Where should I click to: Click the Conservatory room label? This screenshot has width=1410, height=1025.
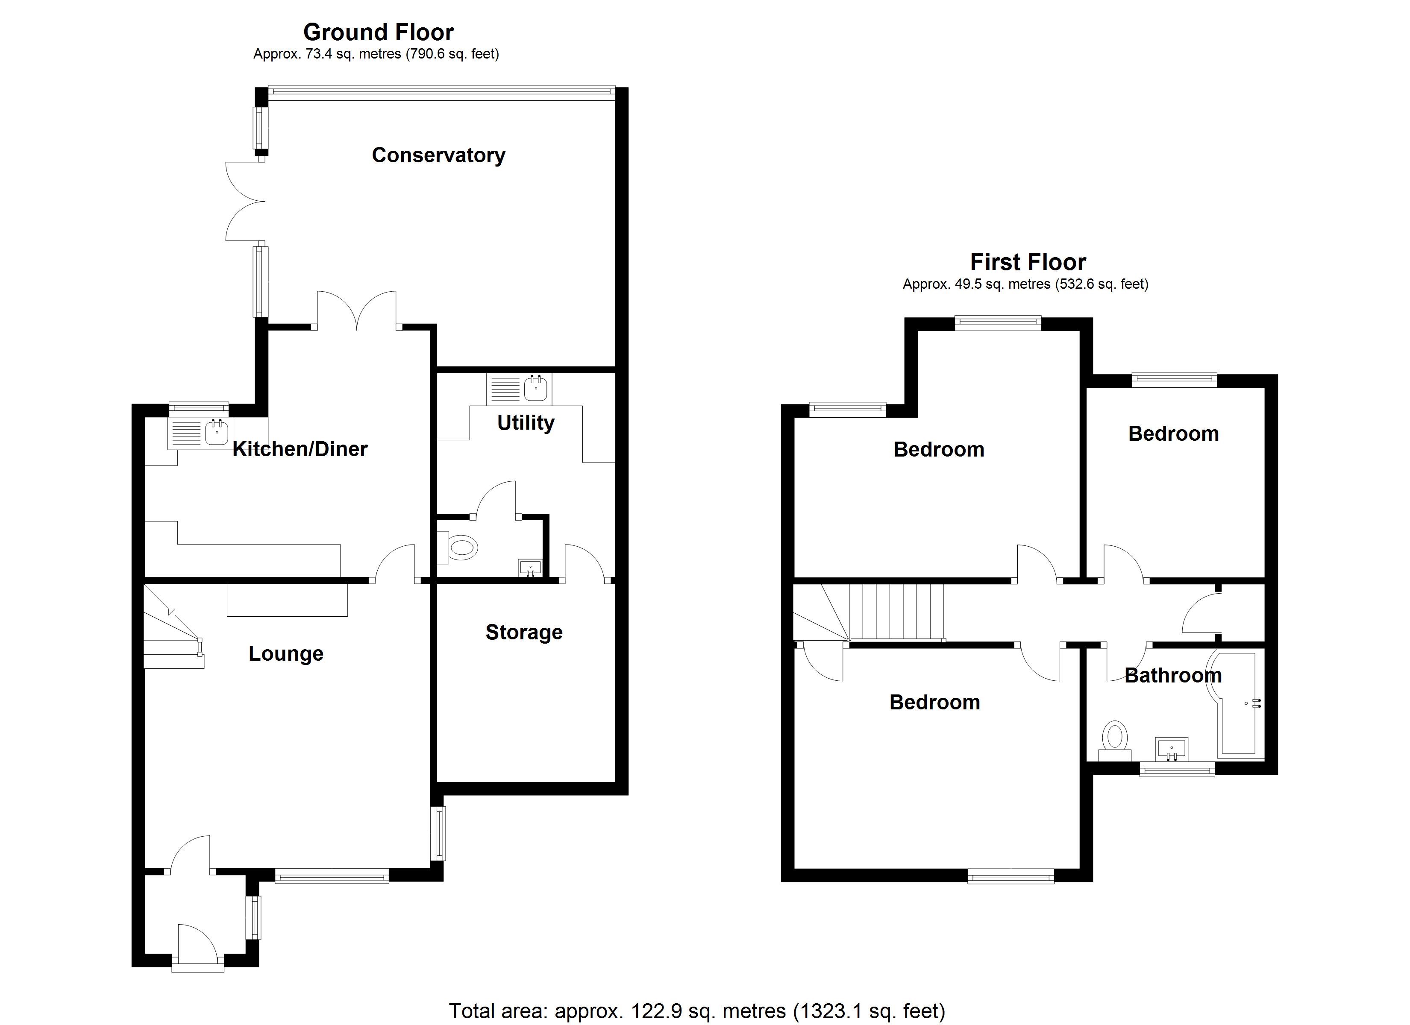coord(438,155)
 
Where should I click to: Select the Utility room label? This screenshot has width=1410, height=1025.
coord(525,423)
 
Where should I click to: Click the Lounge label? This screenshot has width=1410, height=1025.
coord(286,653)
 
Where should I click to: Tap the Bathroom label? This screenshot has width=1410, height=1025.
coord(1173,675)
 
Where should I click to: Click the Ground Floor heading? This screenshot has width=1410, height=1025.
coord(378,32)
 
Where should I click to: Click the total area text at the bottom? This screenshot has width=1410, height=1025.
coord(697,1011)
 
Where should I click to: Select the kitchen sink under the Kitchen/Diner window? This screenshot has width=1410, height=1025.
coord(200,433)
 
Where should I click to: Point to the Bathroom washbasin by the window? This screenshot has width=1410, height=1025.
coord(1171,749)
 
